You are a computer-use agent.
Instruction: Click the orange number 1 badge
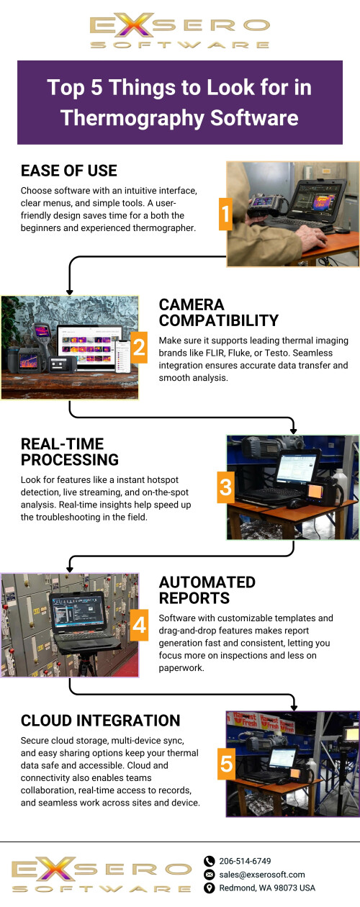pyautogui.click(x=225, y=215)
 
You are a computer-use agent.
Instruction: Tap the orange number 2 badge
pyautogui.click(x=139, y=348)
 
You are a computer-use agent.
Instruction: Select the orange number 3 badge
pyautogui.click(x=225, y=487)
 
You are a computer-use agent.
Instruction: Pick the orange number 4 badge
pyautogui.click(x=139, y=626)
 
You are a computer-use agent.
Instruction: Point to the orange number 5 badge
pyautogui.click(x=226, y=764)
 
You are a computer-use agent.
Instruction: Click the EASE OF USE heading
pyautogui.click(x=69, y=171)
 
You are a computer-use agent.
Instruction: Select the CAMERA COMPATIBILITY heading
pyautogui.click(x=219, y=312)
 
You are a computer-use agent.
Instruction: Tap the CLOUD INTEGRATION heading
pyautogui.click(x=100, y=721)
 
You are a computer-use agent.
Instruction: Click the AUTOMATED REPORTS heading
pyautogui.click(x=207, y=590)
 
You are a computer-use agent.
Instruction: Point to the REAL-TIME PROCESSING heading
pyautogui.click(x=70, y=452)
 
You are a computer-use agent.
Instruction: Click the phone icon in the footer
pyautogui.click(x=209, y=861)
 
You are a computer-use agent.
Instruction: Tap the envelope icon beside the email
pyautogui.click(x=209, y=875)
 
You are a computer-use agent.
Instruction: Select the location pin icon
pyautogui.click(x=209, y=888)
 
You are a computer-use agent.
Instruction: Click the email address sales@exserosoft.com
pyautogui.click(x=262, y=875)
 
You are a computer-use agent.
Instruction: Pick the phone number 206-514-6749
pyautogui.click(x=245, y=861)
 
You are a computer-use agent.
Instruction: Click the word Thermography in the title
pyautogui.click(x=132, y=118)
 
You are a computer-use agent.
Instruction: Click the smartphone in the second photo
pyautogui.click(x=123, y=356)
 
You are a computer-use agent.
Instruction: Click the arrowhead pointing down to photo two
pyautogui.click(x=70, y=292)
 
